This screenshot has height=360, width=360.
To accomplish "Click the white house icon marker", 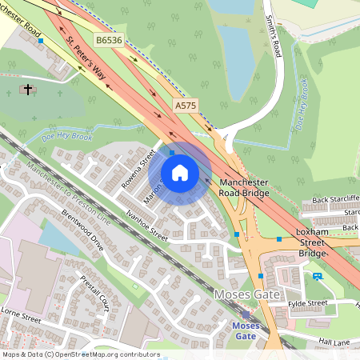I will tap(180, 173).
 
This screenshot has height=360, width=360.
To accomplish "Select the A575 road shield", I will tap(186, 105).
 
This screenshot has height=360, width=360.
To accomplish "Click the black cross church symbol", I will tap(29, 90).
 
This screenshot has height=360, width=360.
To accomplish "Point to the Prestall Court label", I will tap(94, 294).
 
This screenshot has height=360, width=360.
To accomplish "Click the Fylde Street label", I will tap(308, 303).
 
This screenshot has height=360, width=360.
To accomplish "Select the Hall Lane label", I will tap(335, 342).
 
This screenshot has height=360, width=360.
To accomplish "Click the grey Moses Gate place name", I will tap(248, 295).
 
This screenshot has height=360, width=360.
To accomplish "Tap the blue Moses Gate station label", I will tap(247, 330).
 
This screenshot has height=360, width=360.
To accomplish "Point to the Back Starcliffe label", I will tap(335, 198).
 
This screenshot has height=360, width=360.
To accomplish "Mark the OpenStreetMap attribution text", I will tap(80, 354).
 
